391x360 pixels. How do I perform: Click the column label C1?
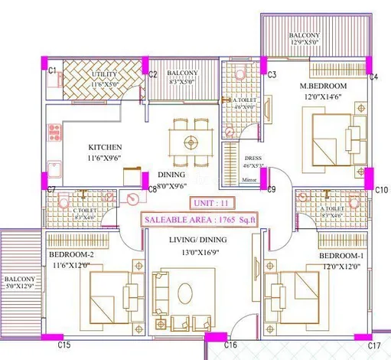53,70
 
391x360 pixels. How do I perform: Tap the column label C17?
374,345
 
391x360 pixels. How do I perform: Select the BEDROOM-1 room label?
341,255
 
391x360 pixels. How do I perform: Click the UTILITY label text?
104,74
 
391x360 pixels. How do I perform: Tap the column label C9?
272,189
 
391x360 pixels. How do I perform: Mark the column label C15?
64,345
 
